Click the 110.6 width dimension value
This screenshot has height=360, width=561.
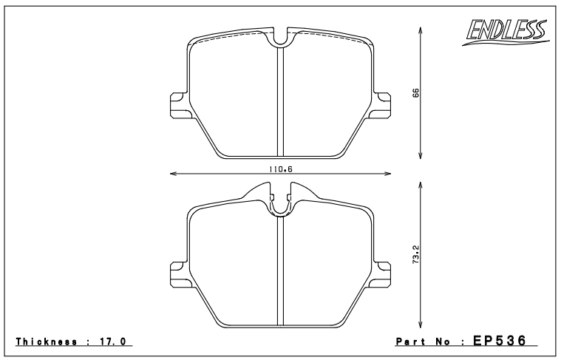tap(281, 169)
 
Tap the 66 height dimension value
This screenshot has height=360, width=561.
tap(415, 92)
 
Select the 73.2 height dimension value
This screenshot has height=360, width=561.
tap(415, 254)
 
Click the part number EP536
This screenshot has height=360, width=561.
tap(500, 340)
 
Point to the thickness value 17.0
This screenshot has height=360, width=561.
tap(112, 342)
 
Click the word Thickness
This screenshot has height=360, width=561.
tap(46, 342)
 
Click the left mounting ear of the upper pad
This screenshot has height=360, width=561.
tap(179, 105)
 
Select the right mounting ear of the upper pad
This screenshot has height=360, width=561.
tap(382, 105)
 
